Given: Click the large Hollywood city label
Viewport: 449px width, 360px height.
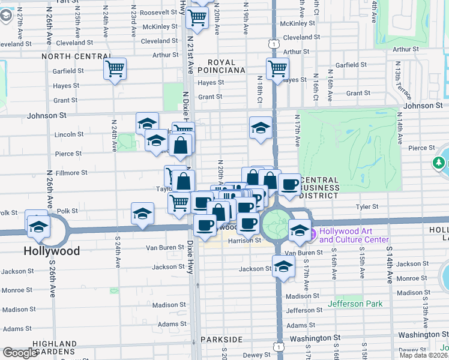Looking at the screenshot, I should [x=52, y=251].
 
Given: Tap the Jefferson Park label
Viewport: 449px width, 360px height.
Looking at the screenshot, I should [x=355, y=304].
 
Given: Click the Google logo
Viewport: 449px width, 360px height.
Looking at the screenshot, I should [x=20, y=352].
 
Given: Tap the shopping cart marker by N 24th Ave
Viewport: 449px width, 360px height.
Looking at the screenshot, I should [x=115, y=68].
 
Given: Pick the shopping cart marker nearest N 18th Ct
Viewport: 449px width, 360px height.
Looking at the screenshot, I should [x=277, y=68].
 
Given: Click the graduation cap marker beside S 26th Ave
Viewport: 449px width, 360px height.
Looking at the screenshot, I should [x=38, y=226].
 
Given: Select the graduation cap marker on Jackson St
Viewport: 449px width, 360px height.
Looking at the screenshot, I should [x=283, y=266].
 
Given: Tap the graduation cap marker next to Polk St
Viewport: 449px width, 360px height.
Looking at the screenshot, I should [x=142, y=214].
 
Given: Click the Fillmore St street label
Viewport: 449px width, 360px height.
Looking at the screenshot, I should [x=71, y=173].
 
